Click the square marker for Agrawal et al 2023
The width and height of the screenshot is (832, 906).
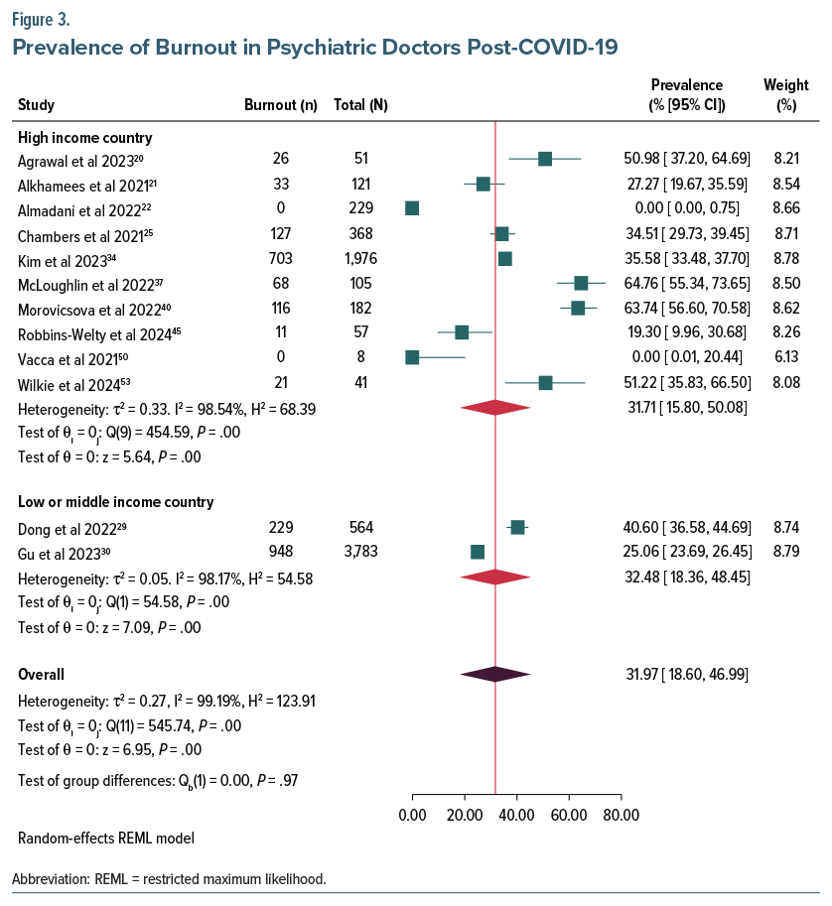tap(545, 159)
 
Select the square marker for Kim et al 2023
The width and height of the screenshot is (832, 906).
tap(504, 259)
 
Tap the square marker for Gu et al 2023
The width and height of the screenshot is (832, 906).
tap(478, 551)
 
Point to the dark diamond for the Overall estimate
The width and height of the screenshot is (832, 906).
tap(495, 674)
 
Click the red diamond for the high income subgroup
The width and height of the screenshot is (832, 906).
tap(494, 407)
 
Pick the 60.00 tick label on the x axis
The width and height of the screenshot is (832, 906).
tap(569, 816)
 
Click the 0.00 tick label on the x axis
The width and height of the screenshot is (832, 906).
tap(412, 816)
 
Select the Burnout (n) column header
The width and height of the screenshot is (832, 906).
tap(280, 105)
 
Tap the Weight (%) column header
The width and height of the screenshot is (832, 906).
tap(786, 94)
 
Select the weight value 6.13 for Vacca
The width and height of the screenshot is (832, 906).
tap(786, 357)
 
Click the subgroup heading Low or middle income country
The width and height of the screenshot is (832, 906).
tap(115, 501)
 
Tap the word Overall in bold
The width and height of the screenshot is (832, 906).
tap(42, 674)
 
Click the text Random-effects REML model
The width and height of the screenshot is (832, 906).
tap(105, 838)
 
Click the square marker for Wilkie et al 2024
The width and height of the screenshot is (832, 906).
tap(545, 382)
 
